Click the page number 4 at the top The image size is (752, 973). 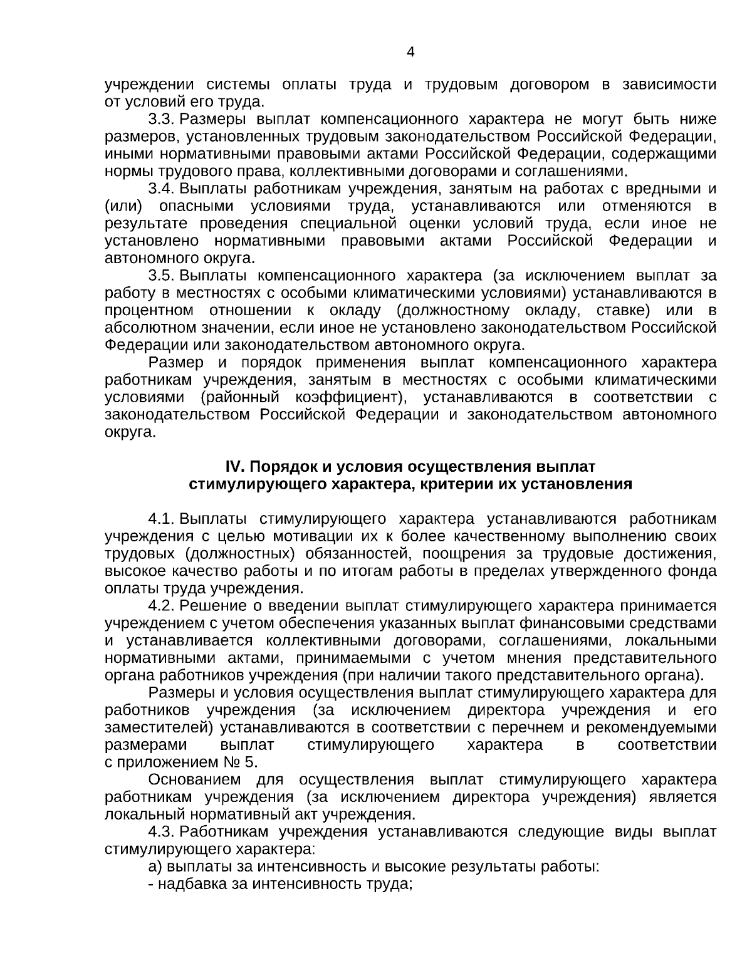[410, 53]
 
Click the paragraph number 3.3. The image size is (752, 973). [160, 119]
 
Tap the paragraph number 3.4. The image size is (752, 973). [160, 189]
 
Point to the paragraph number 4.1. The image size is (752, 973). [160, 519]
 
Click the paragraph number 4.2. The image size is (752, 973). [160, 606]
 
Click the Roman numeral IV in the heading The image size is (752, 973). [234, 467]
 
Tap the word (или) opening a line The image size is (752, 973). [123, 206]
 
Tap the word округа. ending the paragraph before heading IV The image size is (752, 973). [130, 432]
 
